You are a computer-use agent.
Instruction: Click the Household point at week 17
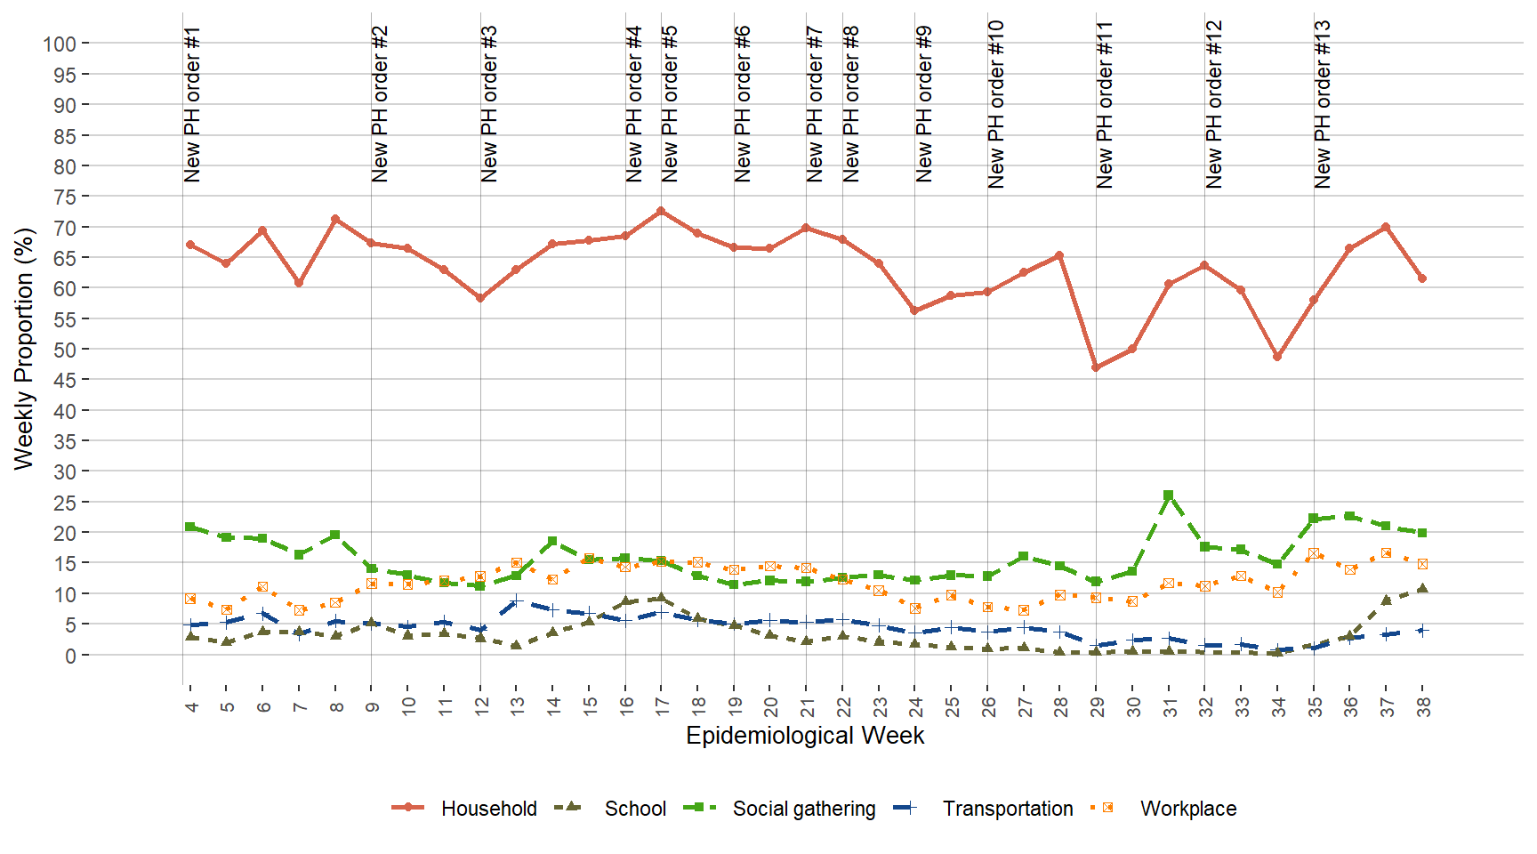point(661,211)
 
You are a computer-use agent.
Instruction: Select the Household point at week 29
point(1096,367)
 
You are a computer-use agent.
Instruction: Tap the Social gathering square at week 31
point(1169,495)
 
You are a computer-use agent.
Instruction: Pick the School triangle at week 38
point(1422,588)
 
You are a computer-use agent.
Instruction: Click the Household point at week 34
point(1277,357)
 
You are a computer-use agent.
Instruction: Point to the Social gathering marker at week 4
point(190,527)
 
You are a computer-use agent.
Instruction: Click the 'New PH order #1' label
point(192,105)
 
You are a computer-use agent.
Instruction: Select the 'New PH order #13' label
point(1323,105)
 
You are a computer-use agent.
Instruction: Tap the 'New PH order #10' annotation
point(996,105)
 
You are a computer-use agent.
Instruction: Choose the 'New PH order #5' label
point(670,105)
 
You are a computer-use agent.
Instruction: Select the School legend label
point(635,809)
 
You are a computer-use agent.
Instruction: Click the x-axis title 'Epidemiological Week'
point(805,736)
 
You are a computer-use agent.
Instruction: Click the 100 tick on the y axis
point(60,44)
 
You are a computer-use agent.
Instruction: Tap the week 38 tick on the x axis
point(1422,707)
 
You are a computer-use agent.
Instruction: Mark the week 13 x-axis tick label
point(517,707)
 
